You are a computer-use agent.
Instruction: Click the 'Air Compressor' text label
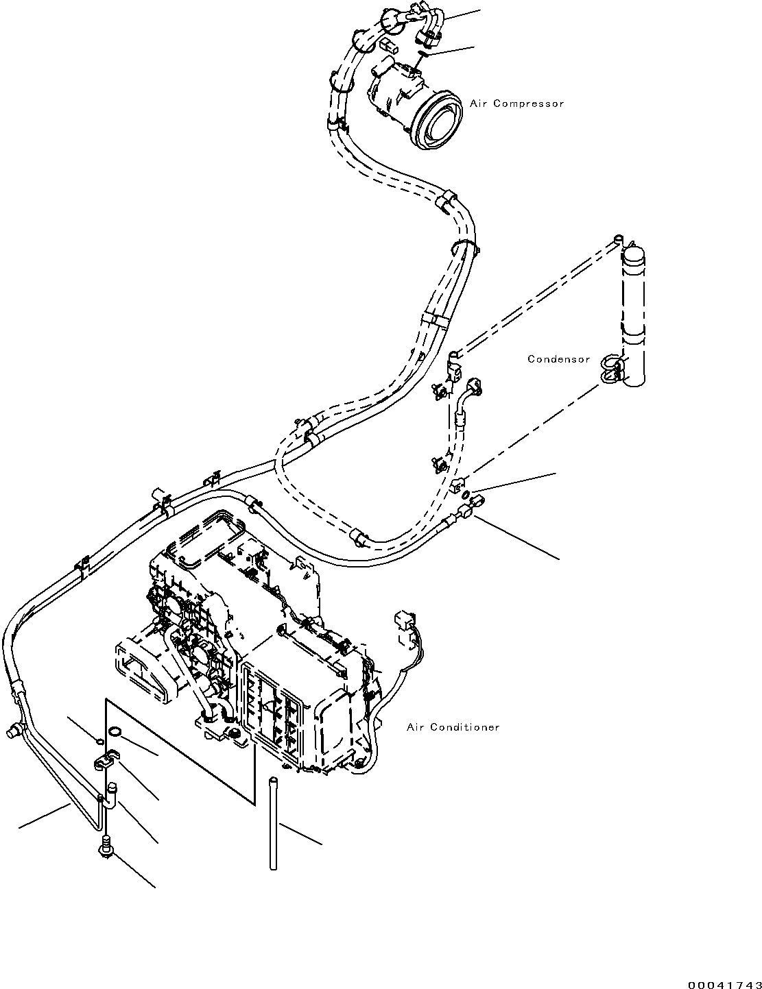point(516,103)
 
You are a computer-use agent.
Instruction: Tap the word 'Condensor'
point(558,359)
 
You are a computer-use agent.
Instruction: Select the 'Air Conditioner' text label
point(453,727)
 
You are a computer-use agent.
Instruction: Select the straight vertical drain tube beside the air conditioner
point(272,822)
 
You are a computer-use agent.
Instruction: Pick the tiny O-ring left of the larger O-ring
point(101,741)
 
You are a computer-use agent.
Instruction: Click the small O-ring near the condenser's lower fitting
point(466,495)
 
